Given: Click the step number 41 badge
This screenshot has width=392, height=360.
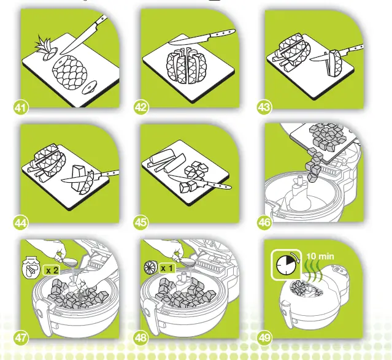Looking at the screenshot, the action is (x=20, y=108).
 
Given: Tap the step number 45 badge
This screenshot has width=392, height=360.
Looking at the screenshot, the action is (x=140, y=222).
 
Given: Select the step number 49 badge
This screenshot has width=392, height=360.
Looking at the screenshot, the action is (x=264, y=338).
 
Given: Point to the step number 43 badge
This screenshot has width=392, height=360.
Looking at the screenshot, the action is (x=264, y=107).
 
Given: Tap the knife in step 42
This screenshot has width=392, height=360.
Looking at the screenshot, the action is (x=202, y=37).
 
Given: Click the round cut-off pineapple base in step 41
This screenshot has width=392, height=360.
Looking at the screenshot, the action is (x=90, y=87).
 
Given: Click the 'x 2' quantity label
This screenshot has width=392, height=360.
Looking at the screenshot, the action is (x=52, y=270).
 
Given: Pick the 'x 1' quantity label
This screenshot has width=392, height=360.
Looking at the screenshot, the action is (x=167, y=269).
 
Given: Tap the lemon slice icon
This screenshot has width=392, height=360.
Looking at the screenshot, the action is (x=151, y=267).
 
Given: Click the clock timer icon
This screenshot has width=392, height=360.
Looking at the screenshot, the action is (x=286, y=264).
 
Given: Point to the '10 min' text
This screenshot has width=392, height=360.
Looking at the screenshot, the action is (x=320, y=256).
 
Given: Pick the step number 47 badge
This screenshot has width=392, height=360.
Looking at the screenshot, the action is (x=21, y=338).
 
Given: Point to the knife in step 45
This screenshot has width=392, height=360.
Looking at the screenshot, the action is (x=199, y=182).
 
